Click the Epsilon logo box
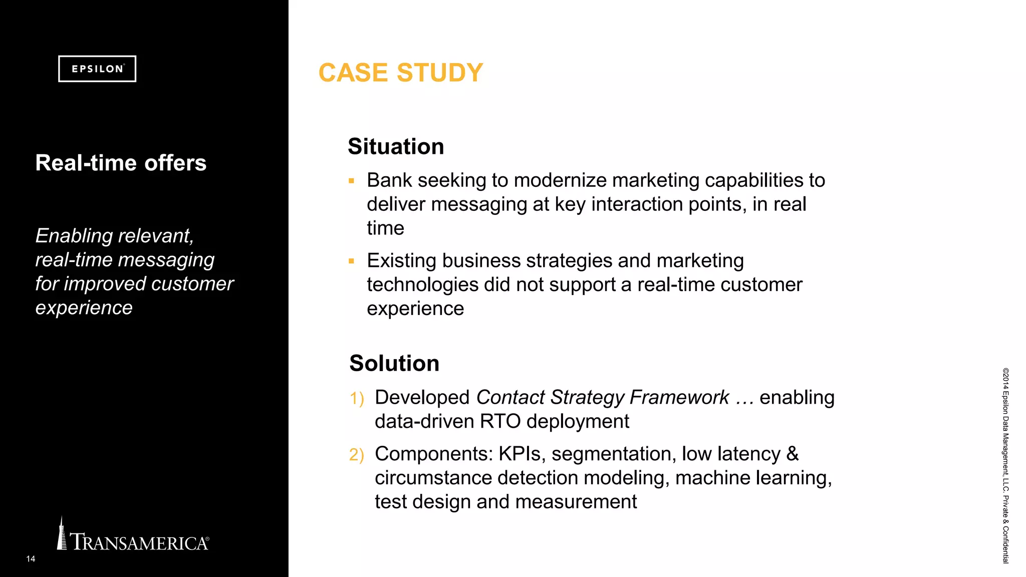[97, 69]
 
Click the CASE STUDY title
[401, 73]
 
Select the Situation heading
[396, 147]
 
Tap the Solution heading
[394, 364]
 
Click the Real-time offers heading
[121, 163]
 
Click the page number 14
[31, 559]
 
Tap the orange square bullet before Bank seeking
[352, 181]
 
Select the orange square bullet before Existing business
[352, 261]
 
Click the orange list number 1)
[357, 399]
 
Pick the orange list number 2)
[357, 455]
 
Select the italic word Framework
[679, 398]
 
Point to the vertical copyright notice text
[1005, 466]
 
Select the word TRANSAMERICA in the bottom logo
[139, 542]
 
